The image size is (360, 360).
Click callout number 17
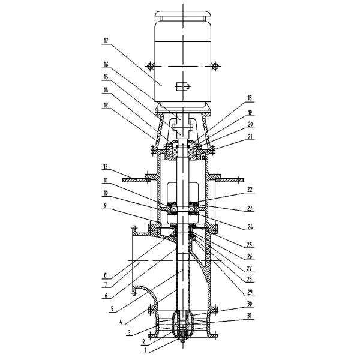(x=106, y=41)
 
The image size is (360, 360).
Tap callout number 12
(x=106, y=167)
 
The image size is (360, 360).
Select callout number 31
(x=250, y=316)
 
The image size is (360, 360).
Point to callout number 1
(x=145, y=351)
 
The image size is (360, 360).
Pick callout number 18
(x=250, y=98)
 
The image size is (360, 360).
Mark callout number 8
(x=106, y=275)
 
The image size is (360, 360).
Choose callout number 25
(x=250, y=245)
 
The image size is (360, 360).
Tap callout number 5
(x=112, y=309)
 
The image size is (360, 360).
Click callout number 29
(x=250, y=292)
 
